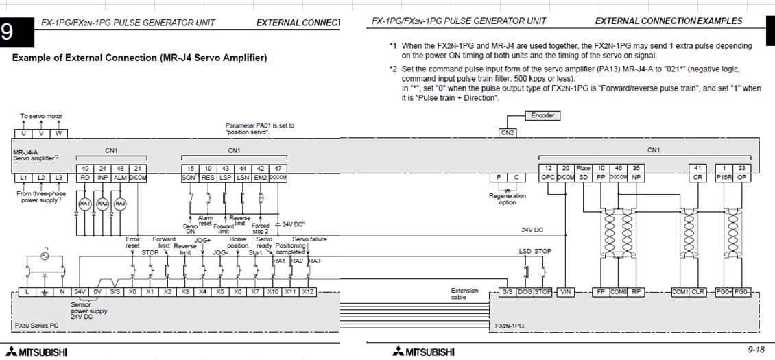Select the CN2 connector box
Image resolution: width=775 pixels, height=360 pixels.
(x=507, y=132)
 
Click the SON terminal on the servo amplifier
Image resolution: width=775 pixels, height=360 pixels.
(x=190, y=178)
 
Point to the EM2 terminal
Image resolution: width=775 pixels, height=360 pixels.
(x=260, y=178)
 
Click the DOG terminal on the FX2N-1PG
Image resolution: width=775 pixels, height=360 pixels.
(x=525, y=291)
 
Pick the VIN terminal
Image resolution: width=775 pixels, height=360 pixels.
(x=566, y=291)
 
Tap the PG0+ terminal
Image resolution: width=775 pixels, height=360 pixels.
(x=724, y=291)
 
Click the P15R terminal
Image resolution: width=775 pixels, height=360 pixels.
(x=724, y=178)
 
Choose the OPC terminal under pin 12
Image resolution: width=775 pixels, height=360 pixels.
(x=548, y=178)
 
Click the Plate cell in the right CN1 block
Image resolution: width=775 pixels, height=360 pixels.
(x=583, y=168)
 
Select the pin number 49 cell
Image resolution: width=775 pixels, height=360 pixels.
(x=85, y=168)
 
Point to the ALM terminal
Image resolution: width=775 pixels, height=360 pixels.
(x=120, y=178)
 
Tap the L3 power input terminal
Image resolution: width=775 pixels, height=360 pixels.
(x=59, y=178)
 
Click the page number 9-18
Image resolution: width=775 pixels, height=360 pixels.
(x=756, y=350)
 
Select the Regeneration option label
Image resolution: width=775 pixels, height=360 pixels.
(x=508, y=199)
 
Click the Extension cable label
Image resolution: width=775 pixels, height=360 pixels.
(x=464, y=293)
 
